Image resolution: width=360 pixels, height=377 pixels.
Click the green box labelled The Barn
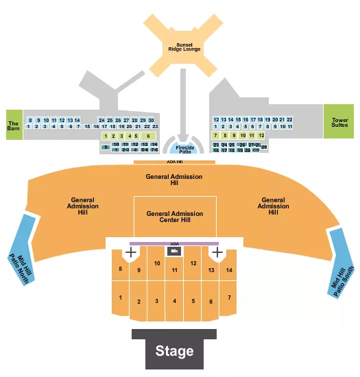pos(14,124)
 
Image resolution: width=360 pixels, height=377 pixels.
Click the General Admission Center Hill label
pos(175,217)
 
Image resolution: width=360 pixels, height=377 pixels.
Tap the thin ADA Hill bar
pos(176,162)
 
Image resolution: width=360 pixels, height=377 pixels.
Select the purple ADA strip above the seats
pos(174,243)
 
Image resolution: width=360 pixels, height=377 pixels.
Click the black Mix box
pos(174,252)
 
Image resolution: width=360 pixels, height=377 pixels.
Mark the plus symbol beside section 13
pos(217,253)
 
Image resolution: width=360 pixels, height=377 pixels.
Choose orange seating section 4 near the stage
pos(175,301)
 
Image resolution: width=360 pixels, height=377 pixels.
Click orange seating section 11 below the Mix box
pos(175,271)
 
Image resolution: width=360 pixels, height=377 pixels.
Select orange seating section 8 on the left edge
pos(121,269)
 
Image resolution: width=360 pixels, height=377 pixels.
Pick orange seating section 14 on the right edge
pos(229,270)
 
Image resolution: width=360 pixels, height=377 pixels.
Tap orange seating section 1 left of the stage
pos(121,298)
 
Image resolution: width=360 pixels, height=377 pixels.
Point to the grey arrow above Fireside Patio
pos(182,127)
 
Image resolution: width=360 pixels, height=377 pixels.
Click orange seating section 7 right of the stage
pos(229,298)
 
